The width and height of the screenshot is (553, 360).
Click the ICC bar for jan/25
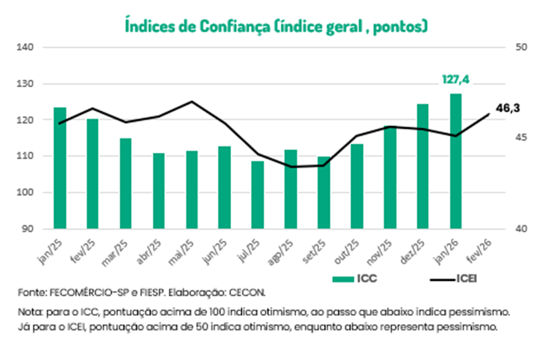coord(60,168)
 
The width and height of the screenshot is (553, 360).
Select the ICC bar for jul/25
coord(257,195)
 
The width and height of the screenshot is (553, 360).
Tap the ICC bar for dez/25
coord(423,166)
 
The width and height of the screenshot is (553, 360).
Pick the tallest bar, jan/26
coord(456,161)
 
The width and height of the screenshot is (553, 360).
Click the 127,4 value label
coord(455,79)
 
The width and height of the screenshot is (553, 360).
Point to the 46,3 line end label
coord(508,108)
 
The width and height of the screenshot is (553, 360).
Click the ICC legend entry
coord(356,278)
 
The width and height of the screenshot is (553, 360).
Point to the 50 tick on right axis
coord(522,48)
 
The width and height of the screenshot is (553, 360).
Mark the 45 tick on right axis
coord(522,138)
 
